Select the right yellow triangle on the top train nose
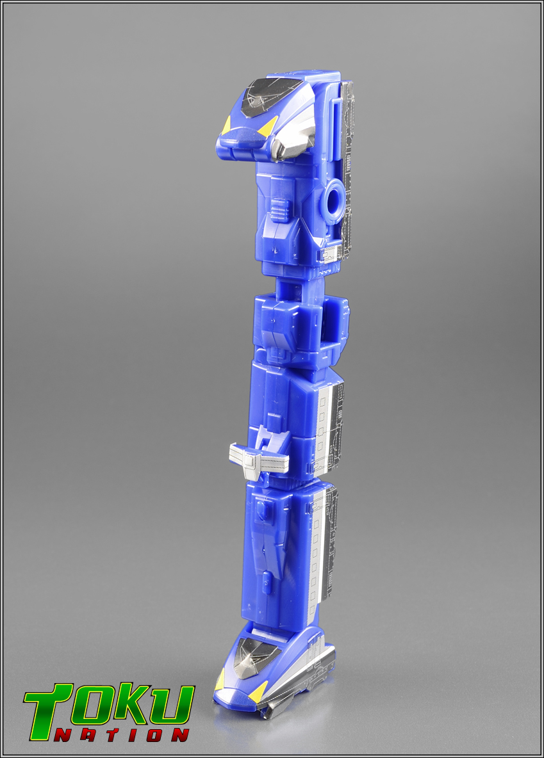tap(268, 127)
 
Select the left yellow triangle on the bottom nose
tap(220, 680)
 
